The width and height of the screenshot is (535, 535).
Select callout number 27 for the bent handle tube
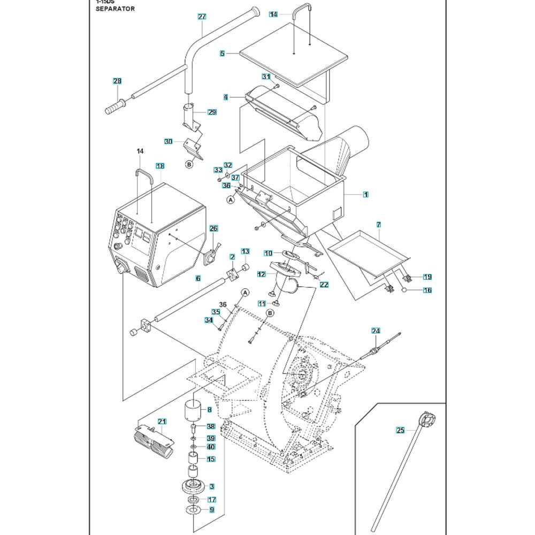(202, 17)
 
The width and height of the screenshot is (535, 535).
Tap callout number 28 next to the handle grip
(117, 81)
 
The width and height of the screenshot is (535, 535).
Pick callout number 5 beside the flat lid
(222, 53)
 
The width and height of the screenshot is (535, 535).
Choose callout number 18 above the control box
(159, 166)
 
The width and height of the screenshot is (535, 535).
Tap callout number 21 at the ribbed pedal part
(162, 422)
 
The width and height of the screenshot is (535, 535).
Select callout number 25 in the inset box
(401, 430)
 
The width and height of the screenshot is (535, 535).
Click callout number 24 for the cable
(376, 331)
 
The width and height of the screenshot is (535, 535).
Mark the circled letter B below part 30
(189, 165)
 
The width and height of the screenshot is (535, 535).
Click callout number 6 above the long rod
(198, 279)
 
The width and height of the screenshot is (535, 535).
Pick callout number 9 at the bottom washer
(211, 510)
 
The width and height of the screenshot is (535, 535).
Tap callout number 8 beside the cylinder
(209, 410)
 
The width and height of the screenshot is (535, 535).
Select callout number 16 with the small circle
(427, 291)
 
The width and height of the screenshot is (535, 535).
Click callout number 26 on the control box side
(213, 229)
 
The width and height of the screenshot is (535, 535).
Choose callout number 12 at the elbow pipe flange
(261, 274)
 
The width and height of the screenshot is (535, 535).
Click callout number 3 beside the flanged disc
(211, 486)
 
